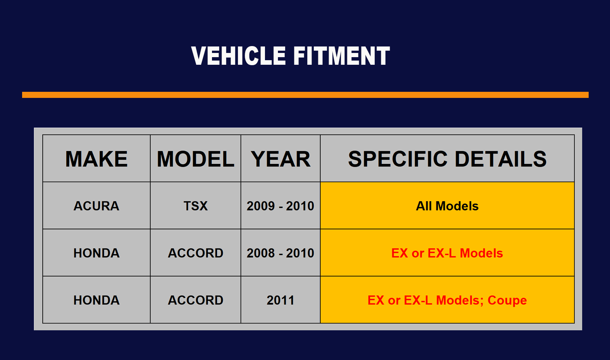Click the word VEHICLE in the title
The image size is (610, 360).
(239, 56)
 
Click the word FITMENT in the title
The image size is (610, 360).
(342, 56)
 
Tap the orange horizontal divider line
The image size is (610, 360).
(305, 95)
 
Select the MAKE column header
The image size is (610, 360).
(96, 159)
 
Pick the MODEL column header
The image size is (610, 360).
(196, 159)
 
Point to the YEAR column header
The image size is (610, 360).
(281, 159)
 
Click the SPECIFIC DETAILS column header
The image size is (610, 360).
(448, 159)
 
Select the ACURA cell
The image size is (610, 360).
(96, 206)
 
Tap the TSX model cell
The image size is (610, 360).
(196, 206)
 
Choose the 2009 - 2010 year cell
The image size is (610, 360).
(281, 206)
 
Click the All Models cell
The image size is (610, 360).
(447, 206)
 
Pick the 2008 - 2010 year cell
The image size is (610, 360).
(281, 253)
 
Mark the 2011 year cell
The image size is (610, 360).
(281, 301)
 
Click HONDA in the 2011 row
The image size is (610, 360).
(96, 301)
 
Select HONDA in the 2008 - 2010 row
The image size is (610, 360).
(96, 253)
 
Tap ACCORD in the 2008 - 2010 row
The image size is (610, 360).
(196, 253)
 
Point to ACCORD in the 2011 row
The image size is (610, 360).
(196, 301)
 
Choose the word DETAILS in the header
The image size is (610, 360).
(501, 159)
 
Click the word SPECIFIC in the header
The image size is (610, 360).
(398, 159)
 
